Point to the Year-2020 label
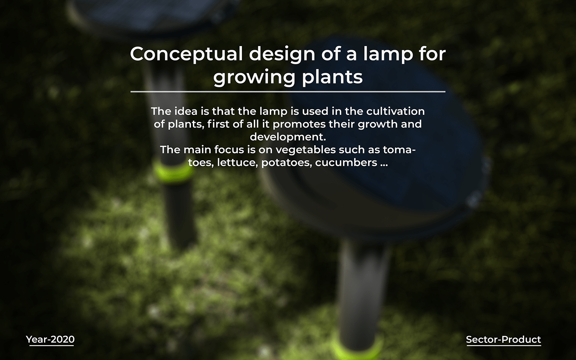click(x=50, y=339)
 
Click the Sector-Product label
click(x=503, y=339)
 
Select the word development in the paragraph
click(x=288, y=137)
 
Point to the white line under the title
click(x=288, y=91)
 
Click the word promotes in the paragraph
click(x=297, y=124)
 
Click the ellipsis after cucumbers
click(x=384, y=164)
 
